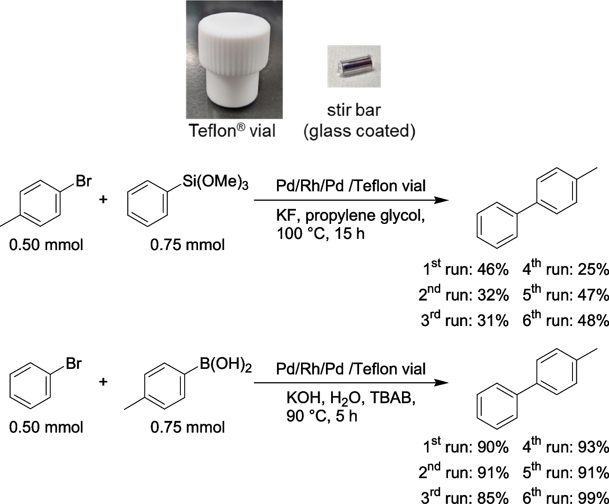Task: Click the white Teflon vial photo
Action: pos(234,60)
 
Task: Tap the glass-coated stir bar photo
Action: pos(353,66)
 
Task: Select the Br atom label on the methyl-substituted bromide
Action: pos(83,181)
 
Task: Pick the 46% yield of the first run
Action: pos(493,270)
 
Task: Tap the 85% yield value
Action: pos(493,498)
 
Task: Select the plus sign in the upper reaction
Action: pos(103,199)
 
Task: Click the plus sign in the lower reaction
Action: pos(103,382)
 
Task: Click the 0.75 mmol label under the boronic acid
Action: pos(188,427)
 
